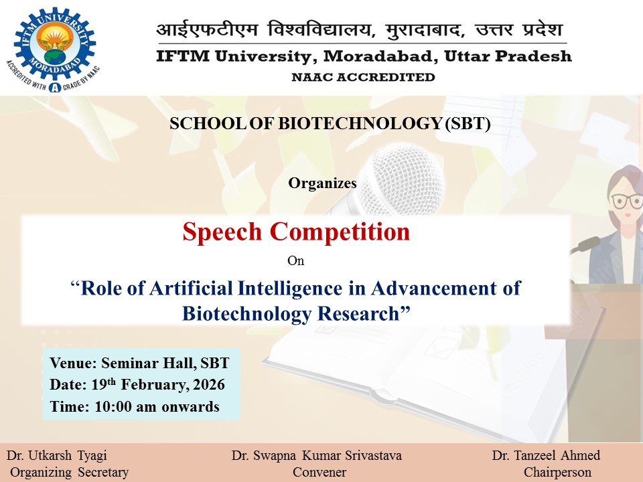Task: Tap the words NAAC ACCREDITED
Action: point(363,77)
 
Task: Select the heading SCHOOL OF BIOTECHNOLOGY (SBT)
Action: point(330,123)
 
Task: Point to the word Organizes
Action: point(322,183)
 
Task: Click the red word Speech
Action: point(222,232)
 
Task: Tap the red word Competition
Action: point(340,232)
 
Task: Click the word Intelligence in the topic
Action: point(290,288)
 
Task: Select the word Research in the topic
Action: point(358,313)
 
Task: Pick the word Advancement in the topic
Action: point(433,288)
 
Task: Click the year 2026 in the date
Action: point(209,384)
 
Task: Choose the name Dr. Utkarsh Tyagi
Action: point(56,455)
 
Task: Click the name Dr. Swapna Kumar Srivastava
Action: point(317,455)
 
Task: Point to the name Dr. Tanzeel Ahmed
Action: point(546,455)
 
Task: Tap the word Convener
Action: point(319,472)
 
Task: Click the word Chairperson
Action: point(557,472)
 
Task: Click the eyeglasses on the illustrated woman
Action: point(627,201)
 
